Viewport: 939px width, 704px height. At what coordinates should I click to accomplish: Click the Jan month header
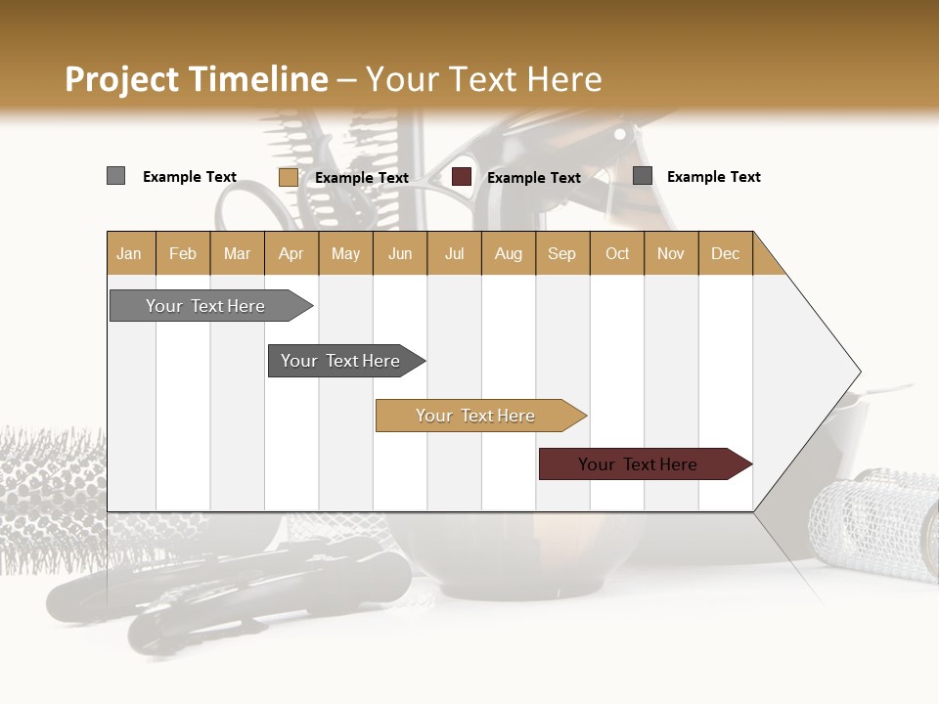pyautogui.click(x=130, y=253)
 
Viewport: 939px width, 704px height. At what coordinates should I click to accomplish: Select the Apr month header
pyautogui.click(x=291, y=253)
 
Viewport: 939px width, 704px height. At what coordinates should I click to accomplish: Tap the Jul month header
pyautogui.click(x=454, y=253)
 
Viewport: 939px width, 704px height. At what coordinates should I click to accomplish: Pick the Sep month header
pyautogui.click(x=561, y=253)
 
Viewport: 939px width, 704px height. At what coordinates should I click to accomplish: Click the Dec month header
pyautogui.click(x=725, y=253)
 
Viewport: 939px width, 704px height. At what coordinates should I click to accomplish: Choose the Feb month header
pyautogui.click(x=183, y=253)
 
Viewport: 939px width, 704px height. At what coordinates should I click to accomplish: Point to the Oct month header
pyautogui.click(x=617, y=253)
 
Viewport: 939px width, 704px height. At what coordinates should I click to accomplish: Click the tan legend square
pyautogui.click(x=288, y=177)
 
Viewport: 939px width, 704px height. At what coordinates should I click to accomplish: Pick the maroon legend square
pyautogui.click(x=462, y=177)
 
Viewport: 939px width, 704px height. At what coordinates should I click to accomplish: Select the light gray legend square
pyautogui.click(x=115, y=176)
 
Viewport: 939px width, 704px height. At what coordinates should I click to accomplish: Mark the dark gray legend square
pyautogui.click(x=643, y=176)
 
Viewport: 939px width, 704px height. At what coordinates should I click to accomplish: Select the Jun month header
pyautogui.click(x=400, y=253)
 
